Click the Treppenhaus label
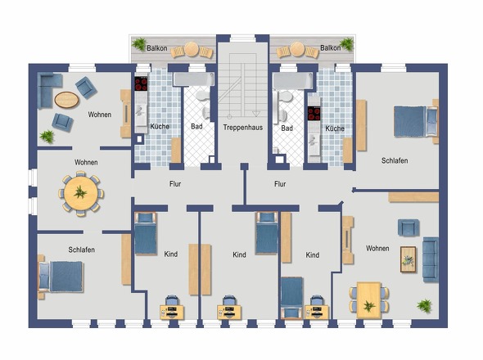pos(243,128)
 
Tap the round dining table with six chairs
pos(81,193)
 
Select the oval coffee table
pos(66,100)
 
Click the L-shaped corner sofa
pos(47,89)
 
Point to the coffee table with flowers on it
pos(408,259)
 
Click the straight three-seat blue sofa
pos(431,259)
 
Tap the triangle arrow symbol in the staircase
pos(256,114)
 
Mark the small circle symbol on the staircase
pos(229,117)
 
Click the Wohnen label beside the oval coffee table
pos(100,115)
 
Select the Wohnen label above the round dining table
pos(86,162)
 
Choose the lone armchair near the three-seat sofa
pos(409,227)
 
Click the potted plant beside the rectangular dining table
pos(424,306)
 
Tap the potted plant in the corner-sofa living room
pos(47,136)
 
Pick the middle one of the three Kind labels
pos(239,254)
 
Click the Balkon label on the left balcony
pos(157,48)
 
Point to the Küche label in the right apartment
pos(335,128)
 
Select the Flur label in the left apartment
pos(175,184)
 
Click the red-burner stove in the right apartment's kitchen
pos(314,114)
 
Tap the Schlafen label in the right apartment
pos(395,160)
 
